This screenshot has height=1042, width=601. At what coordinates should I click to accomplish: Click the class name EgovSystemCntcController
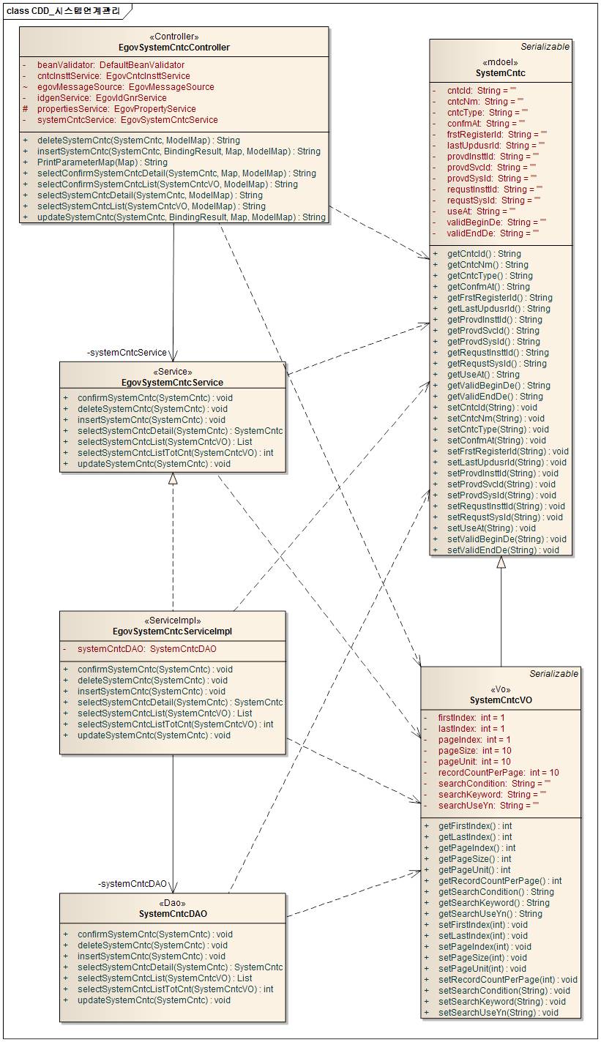pyautogui.click(x=173, y=48)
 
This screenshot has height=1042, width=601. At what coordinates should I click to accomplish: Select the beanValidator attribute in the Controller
pyautogui.click(x=111, y=65)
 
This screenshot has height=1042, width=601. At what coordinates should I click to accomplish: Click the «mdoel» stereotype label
pyautogui.click(x=500, y=62)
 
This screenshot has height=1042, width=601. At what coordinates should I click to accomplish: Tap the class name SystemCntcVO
pyautogui.click(x=501, y=700)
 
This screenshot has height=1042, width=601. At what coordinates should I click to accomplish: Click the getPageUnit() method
pyautogui.click(x=474, y=870)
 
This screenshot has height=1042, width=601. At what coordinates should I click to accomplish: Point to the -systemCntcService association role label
pyautogui.click(x=127, y=353)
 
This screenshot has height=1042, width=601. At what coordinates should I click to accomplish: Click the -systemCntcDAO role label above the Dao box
pyautogui.click(x=132, y=884)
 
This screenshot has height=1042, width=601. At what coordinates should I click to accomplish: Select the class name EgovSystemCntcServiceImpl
pyautogui.click(x=173, y=631)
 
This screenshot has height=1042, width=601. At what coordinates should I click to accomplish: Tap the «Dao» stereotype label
pyautogui.click(x=173, y=902)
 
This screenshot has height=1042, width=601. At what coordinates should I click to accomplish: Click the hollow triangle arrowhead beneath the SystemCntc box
pyautogui.click(x=501, y=562)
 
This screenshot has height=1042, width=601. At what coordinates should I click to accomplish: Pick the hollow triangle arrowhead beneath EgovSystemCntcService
pyautogui.click(x=173, y=479)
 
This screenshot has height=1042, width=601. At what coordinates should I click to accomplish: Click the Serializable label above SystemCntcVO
pyautogui.click(x=554, y=673)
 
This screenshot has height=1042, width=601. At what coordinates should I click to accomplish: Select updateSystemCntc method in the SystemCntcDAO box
pyautogui.click(x=154, y=1000)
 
